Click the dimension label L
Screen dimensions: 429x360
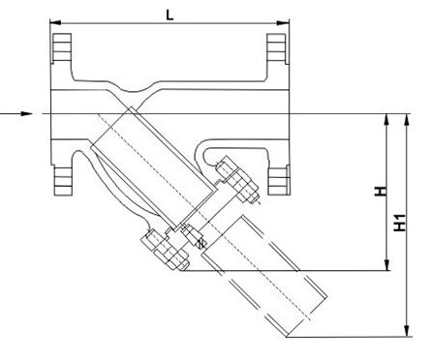pyautogui.click(x=169, y=15)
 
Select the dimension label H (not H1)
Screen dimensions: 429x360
pyautogui.click(x=381, y=191)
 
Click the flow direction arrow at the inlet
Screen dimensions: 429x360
pyautogui.click(x=16, y=113)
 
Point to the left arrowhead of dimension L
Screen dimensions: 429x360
pyautogui.click(x=55, y=22)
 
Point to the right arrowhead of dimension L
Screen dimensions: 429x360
pyautogui.click(x=283, y=22)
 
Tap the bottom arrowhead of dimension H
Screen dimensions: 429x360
pyautogui.click(x=386, y=264)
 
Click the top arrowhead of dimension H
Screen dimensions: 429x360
pyautogui.click(x=386, y=120)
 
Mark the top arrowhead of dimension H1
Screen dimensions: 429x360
pyautogui.click(x=407, y=120)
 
